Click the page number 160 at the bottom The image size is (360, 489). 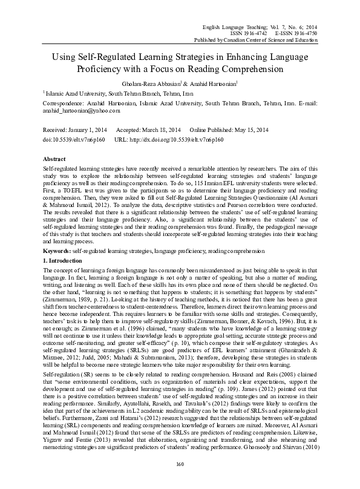[180, 464]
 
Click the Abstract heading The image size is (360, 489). [54, 157]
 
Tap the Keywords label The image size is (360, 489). [56, 216]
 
